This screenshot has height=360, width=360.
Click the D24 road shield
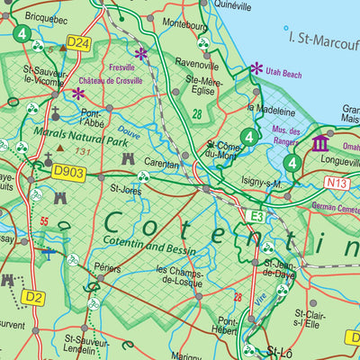(x=79, y=42)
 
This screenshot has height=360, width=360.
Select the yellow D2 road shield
(x=33, y=296)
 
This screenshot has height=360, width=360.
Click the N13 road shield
(x=337, y=183)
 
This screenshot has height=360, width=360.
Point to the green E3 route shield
(x=258, y=215)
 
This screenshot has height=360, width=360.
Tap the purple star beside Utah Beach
(x=257, y=67)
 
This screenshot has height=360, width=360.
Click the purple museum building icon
(x=320, y=144)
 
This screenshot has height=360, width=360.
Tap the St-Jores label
(x=126, y=190)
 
